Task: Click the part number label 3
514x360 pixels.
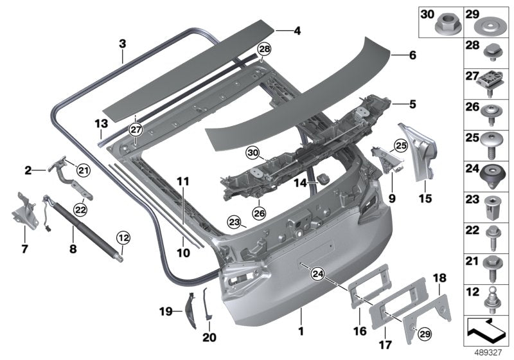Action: (x=122, y=44)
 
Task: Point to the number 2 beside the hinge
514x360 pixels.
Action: (x=28, y=170)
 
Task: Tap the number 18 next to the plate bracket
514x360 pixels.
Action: (x=439, y=278)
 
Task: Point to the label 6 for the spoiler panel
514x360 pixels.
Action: (x=412, y=56)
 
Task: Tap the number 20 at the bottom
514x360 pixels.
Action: (x=210, y=337)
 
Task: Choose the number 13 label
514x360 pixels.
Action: (x=100, y=123)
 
